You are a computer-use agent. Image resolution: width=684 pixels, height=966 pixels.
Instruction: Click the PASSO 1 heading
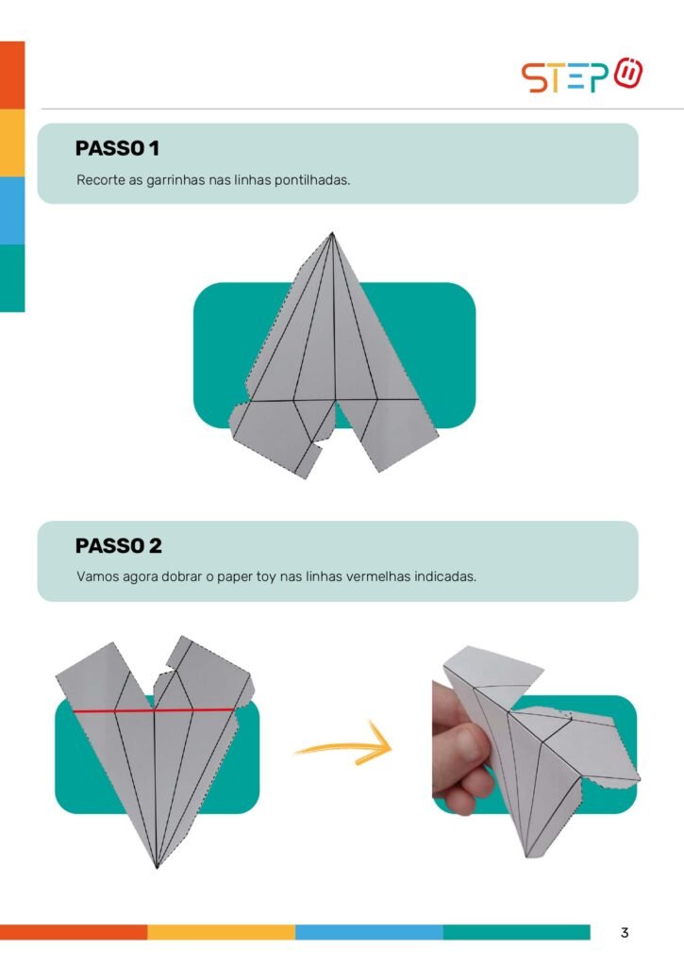pyautogui.click(x=117, y=148)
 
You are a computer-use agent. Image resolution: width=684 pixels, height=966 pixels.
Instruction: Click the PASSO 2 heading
pyautogui.click(x=118, y=545)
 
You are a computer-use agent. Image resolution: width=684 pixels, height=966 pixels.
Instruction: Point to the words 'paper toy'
pyautogui.click(x=246, y=578)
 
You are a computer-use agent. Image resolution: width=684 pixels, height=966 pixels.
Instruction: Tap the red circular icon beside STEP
pyautogui.click(x=628, y=73)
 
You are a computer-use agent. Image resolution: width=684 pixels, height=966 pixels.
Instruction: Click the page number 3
pyautogui.click(x=625, y=932)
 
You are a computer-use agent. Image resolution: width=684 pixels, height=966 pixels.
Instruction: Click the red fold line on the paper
pyautogui.click(x=154, y=711)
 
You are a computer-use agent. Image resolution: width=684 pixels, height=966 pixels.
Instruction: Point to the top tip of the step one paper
pyautogui.click(x=332, y=233)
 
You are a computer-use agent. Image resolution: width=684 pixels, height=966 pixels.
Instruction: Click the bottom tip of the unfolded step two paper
pyautogui.click(x=158, y=867)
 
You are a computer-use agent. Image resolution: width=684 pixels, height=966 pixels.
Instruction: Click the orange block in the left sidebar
pyautogui.click(x=12, y=75)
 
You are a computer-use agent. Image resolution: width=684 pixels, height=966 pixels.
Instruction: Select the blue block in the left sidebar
pyautogui.click(x=12, y=210)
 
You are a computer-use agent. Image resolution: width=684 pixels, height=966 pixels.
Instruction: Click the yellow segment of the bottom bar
pyautogui.click(x=221, y=932)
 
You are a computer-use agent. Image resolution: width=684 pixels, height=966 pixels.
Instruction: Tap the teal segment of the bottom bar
pyautogui.click(x=516, y=932)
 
